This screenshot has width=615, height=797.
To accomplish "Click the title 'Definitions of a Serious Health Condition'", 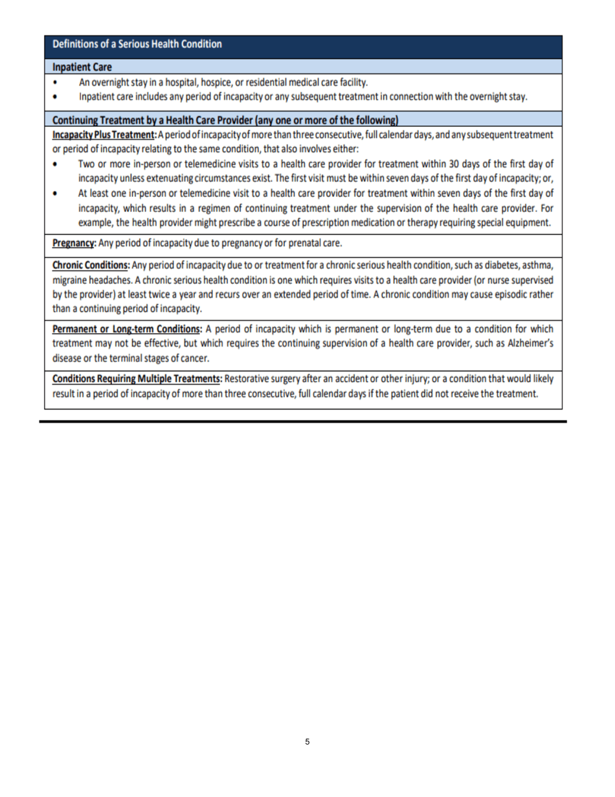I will (x=137, y=45).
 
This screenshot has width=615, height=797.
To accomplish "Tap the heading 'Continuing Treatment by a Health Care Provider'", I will (x=224, y=121).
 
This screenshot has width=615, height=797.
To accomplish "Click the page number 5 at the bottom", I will (x=307, y=742).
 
